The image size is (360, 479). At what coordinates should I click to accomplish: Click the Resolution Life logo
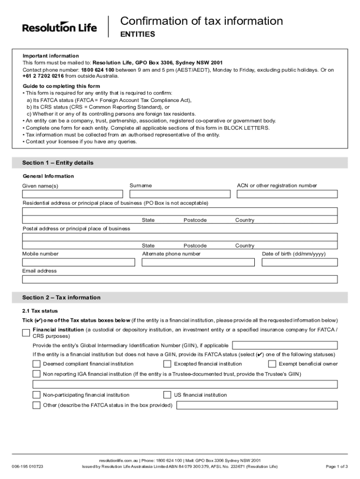(x=59, y=27)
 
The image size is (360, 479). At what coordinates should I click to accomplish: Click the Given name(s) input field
(x=72, y=194)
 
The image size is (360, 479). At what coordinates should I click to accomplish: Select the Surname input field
(x=180, y=194)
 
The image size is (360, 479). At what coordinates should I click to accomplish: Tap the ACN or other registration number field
(x=287, y=194)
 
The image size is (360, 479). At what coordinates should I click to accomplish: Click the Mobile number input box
(x=79, y=262)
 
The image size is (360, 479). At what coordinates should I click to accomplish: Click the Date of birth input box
(x=299, y=262)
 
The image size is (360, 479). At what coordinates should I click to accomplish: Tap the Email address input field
(x=180, y=279)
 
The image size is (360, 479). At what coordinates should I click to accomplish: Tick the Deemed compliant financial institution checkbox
(x=36, y=364)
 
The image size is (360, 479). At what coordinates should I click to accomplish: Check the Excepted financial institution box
(x=167, y=364)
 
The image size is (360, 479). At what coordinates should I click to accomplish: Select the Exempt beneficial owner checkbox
(x=272, y=364)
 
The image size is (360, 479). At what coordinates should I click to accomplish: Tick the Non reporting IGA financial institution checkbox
(x=36, y=374)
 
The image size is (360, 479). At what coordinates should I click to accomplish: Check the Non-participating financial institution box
(x=36, y=395)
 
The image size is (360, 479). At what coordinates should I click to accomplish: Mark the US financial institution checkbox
(x=167, y=395)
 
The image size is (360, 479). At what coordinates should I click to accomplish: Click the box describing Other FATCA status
(x=257, y=405)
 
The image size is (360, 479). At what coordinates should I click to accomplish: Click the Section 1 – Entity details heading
(x=58, y=163)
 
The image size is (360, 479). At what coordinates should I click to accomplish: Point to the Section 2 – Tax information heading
(x=61, y=298)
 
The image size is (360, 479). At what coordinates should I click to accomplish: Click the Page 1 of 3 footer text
(x=336, y=466)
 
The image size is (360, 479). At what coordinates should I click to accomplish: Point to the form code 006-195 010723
(x=28, y=466)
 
